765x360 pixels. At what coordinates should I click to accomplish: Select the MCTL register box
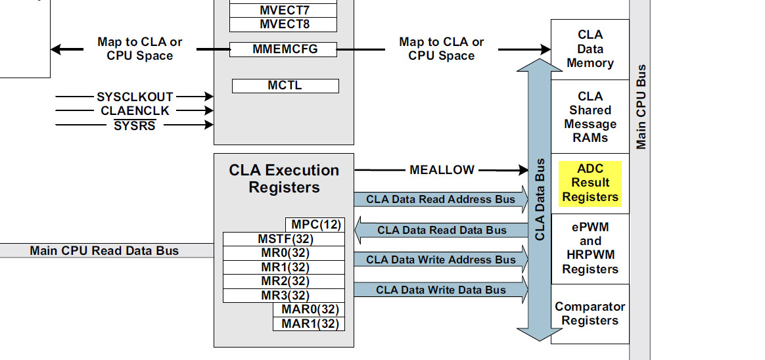tap(285, 86)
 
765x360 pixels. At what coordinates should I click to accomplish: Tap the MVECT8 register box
tap(283, 25)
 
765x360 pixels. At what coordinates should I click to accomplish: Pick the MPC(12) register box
tap(315, 225)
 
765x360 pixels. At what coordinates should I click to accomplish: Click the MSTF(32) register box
tap(284, 238)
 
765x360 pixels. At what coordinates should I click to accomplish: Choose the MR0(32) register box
tap(284, 253)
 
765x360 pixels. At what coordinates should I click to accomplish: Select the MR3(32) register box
tap(284, 296)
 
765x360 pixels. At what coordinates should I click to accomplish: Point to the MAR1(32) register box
tap(309, 324)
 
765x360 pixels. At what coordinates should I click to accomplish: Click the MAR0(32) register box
tap(309, 309)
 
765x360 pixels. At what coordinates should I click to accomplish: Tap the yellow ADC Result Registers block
tap(590, 183)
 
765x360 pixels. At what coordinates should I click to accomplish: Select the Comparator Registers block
tap(590, 314)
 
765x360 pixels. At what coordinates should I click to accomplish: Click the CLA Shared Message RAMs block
tap(590, 117)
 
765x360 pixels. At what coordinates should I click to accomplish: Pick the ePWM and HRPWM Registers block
tap(590, 248)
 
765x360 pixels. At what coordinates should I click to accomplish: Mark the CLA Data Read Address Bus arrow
tap(440, 200)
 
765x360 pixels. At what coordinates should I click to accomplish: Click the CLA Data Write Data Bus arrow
tap(440, 290)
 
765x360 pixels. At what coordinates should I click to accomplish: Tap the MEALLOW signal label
tap(442, 170)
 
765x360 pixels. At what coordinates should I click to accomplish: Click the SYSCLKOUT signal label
tap(135, 97)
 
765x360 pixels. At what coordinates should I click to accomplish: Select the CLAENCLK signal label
tap(135, 111)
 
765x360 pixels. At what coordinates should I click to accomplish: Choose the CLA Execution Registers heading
tap(284, 179)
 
